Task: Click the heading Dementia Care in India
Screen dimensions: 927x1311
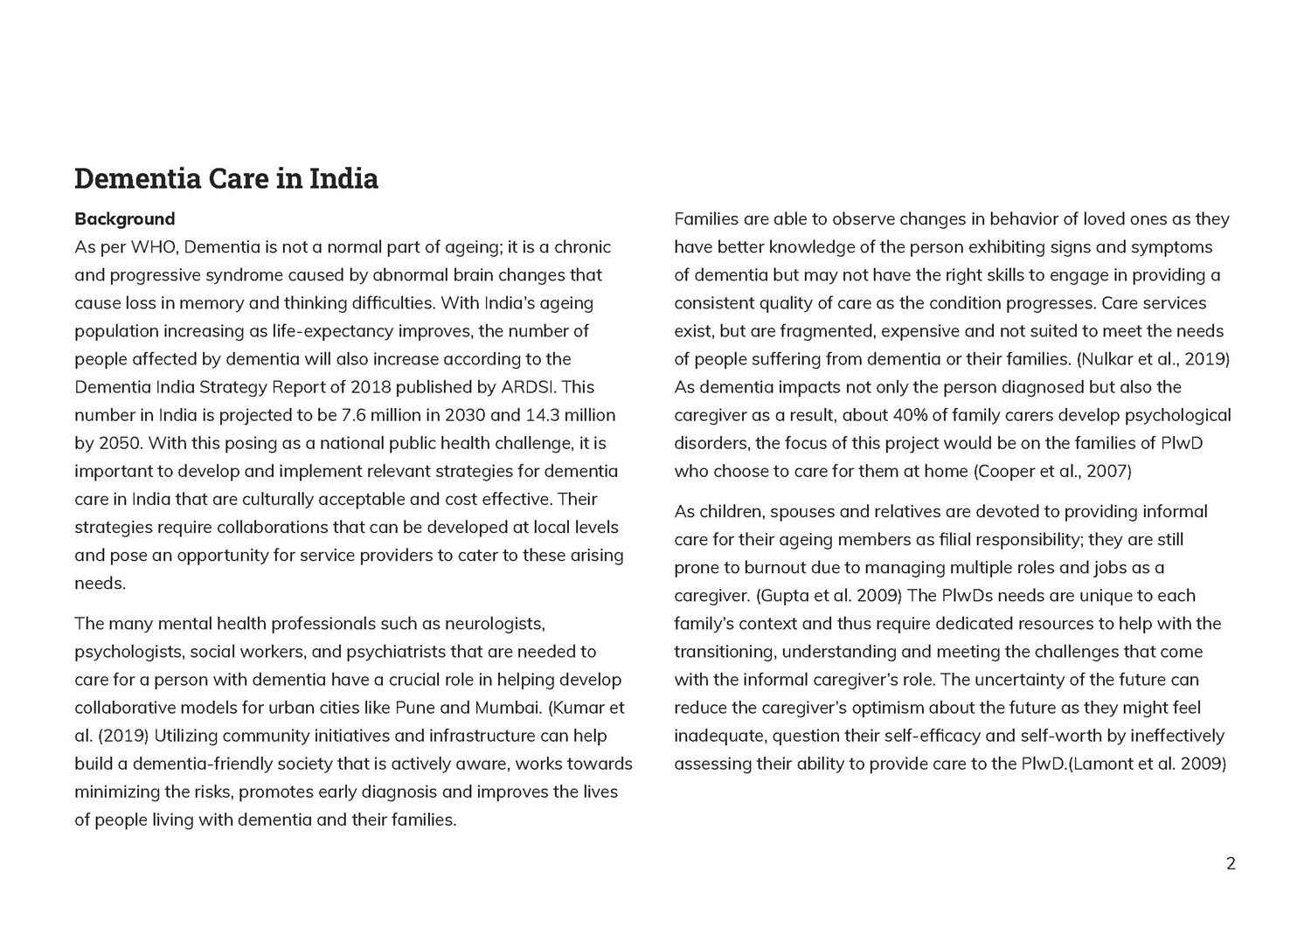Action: [225, 178]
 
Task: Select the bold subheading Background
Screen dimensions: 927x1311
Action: [124, 218]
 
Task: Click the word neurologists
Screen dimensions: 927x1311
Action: [494, 624]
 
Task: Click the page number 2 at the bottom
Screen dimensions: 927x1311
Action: [1231, 864]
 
